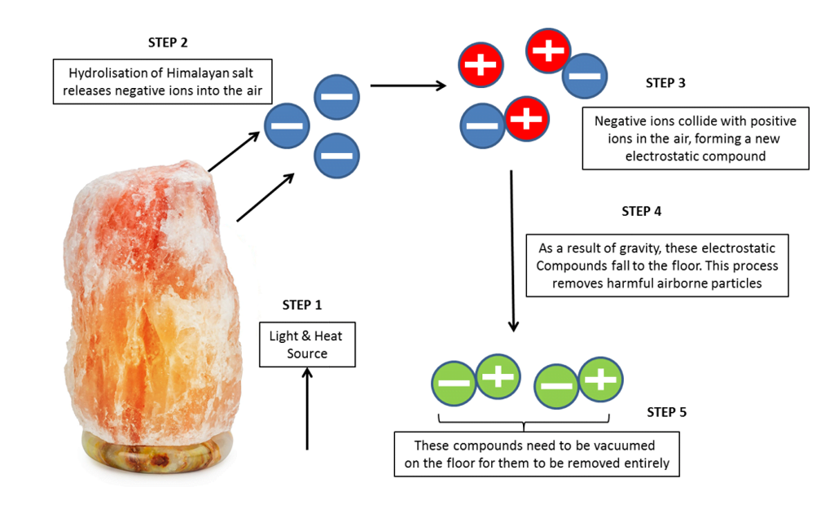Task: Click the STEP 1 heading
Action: click(301, 305)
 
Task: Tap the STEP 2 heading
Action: click(169, 42)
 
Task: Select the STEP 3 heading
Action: click(665, 83)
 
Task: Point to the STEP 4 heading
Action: click(642, 211)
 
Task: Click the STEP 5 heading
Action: click(666, 412)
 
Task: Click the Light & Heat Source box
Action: click(307, 345)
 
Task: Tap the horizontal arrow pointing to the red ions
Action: click(407, 85)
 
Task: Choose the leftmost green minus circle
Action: click(454, 383)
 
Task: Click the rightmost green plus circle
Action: click(600, 379)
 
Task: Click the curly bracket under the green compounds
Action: click(524, 421)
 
